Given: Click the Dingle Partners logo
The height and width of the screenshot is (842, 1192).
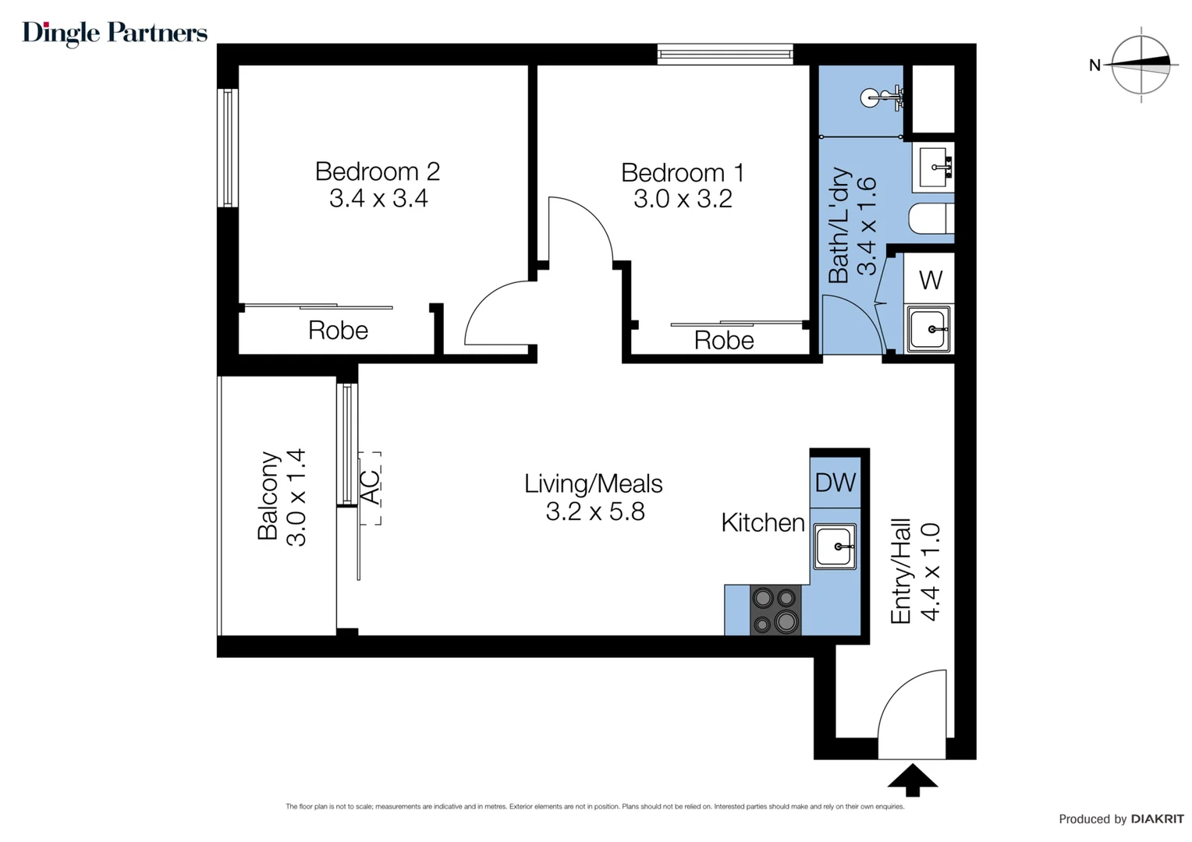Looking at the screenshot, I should (115, 33).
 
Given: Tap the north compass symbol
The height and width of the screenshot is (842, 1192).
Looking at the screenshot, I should (1141, 65).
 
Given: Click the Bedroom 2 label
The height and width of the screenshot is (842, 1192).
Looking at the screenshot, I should (378, 171).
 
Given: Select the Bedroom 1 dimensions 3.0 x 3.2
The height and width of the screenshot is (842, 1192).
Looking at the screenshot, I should (683, 200).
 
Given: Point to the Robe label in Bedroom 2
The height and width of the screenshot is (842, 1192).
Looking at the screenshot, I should (338, 331).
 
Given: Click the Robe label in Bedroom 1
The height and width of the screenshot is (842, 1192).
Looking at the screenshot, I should (724, 341).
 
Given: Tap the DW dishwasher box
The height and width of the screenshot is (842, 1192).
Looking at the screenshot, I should (835, 483).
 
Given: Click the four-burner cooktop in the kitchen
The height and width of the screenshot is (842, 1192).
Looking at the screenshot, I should (775, 610).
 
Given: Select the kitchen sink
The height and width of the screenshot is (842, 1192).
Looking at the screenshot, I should (835, 546).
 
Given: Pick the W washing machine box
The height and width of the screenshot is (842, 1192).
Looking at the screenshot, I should (930, 280).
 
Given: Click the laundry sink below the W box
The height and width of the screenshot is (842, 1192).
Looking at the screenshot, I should (928, 329).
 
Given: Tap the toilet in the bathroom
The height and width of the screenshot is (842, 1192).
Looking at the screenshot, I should (931, 219).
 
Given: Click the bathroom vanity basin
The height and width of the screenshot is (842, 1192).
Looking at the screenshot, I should (934, 167).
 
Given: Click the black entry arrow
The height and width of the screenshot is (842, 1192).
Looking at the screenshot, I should (912, 780).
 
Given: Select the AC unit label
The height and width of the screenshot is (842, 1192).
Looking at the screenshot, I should (370, 487).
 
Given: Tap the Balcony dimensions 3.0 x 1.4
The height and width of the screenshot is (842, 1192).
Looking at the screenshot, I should (297, 497).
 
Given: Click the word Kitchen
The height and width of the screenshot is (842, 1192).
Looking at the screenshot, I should (762, 522).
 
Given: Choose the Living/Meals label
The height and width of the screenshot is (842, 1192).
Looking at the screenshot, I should (593, 484).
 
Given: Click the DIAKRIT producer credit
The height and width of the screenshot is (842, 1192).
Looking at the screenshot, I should (1157, 819).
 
